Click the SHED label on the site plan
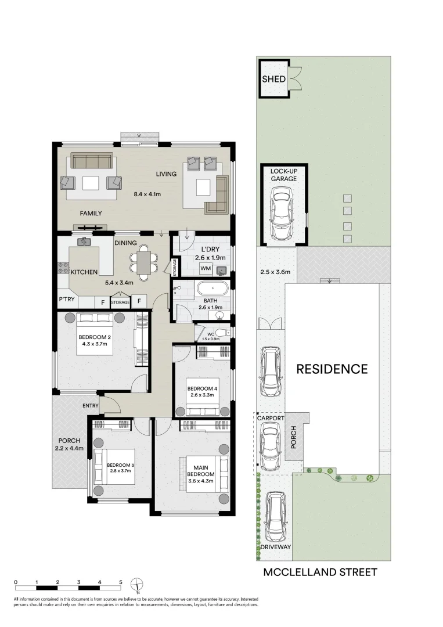point(273,79)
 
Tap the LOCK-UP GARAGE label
point(283,175)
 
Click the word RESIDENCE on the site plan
point(332,369)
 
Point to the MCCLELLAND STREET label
point(320,572)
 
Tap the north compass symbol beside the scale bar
point(138,583)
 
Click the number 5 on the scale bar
point(121,582)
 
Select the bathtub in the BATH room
point(212,289)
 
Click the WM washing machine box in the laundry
point(205,269)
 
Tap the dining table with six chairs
point(143,260)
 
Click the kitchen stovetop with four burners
point(63,268)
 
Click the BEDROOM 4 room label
point(202,388)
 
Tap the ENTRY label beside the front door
point(91,405)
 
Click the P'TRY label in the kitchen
point(65,300)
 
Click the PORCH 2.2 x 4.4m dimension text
point(69,448)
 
